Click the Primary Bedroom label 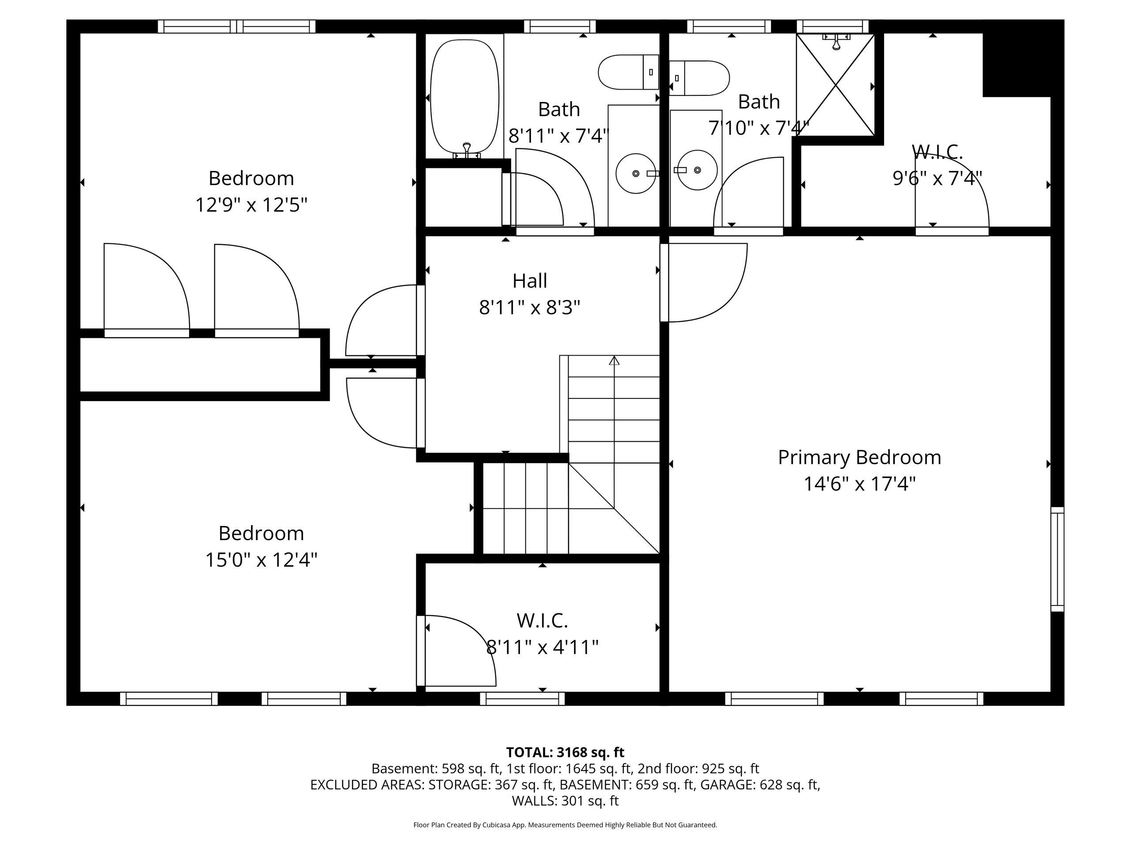point(859,458)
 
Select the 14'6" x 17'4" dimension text point(859,484)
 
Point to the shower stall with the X point(835,85)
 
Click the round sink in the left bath point(636,173)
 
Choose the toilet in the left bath point(628,72)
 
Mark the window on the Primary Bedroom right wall point(1057,559)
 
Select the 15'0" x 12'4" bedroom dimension point(261,560)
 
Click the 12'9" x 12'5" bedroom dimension point(251,205)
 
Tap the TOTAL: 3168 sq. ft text point(565,753)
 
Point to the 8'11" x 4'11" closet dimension point(542,647)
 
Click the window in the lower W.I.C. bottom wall point(522,699)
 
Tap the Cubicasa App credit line point(565,825)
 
